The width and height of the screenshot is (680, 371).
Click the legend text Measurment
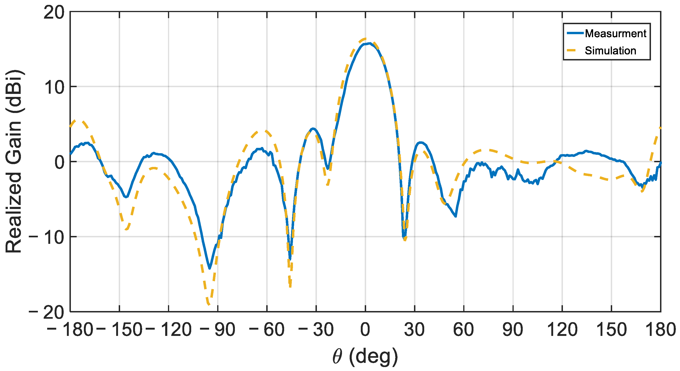(615, 33)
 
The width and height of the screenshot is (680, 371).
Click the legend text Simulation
(610, 51)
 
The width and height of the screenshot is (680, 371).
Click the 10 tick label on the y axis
(54, 87)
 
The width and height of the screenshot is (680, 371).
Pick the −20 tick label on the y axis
(46, 312)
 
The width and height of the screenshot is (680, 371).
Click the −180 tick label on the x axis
(70, 330)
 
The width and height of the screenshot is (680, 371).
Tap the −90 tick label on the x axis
(217, 330)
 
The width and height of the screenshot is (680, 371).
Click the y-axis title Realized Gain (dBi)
(14, 162)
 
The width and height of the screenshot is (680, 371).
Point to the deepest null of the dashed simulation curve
(209, 305)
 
